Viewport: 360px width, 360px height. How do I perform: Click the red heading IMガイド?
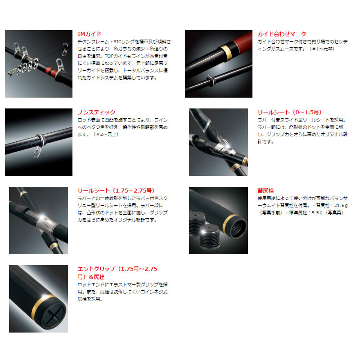[x=89, y=34]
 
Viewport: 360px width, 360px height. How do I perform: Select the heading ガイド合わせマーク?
[x=282, y=34]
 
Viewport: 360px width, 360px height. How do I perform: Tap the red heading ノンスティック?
[x=96, y=112]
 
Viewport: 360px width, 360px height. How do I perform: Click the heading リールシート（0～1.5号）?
[x=289, y=112]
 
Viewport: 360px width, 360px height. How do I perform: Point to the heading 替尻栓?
[x=265, y=190]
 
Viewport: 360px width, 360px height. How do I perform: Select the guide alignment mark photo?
[x=218, y=64]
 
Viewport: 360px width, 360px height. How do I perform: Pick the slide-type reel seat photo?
[x=218, y=142]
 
